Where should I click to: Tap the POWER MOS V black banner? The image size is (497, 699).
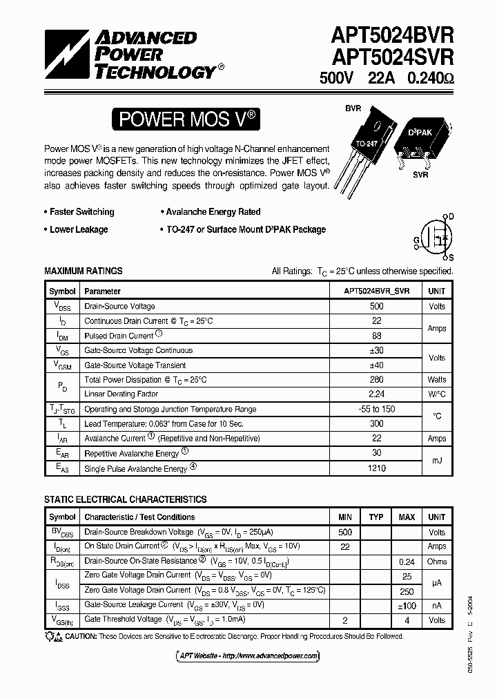pos(188,119)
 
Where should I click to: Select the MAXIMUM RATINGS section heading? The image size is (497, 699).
pos(84,271)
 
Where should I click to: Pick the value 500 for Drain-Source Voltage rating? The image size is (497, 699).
pos(376,306)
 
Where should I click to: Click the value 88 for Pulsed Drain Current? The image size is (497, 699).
pos(376,336)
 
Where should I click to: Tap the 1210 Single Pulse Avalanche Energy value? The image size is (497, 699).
pos(376,468)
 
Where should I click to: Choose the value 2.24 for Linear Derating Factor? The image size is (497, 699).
pos(376,394)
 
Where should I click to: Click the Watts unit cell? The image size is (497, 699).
pos(436,379)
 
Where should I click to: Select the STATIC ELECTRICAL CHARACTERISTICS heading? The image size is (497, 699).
pos(125,499)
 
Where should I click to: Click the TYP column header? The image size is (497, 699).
pos(376,517)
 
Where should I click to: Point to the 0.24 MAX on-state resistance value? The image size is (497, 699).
pos(407,562)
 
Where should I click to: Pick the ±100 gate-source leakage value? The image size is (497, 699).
pos(407,606)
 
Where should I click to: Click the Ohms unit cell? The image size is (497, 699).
pos(436,562)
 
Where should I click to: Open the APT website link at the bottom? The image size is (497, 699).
pos(244,655)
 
